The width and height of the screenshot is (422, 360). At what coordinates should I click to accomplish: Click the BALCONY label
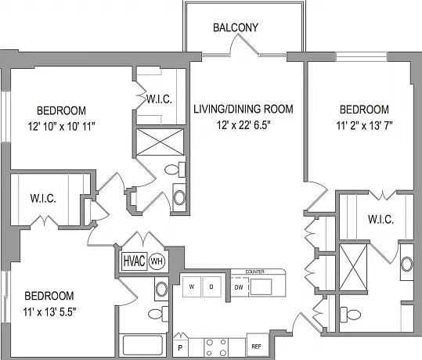coord(236,27)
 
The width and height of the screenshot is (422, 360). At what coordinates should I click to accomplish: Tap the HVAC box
coord(134,261)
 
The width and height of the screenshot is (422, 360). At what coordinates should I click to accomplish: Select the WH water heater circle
coord(157,261)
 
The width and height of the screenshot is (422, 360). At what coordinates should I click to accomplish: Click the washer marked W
coord(192,286)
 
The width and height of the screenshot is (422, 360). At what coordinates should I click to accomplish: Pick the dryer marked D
coord(211,286)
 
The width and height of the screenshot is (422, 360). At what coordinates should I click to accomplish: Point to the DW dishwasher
coord(239,287)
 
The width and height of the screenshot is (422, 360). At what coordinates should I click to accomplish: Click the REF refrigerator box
coord(258,346)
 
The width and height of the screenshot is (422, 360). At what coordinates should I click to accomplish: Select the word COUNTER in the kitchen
coord(255,272)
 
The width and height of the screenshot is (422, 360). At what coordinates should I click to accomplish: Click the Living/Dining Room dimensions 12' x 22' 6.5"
coord(243,125)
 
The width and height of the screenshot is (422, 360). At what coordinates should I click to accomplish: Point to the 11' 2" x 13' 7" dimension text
coord(364,125)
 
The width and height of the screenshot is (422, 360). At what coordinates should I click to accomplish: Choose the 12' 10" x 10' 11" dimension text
coord(61,126)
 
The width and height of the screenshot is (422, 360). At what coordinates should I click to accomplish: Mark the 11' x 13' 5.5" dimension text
coord(49,312)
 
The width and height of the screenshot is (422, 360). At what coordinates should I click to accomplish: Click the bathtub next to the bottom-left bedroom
coord(142,345)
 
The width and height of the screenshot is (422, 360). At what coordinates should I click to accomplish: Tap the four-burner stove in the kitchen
coord(216,347)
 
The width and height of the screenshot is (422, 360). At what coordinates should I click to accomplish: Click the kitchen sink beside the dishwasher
coord(261,286)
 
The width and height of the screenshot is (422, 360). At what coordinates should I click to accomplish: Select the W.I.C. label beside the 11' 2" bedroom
coord(381,220)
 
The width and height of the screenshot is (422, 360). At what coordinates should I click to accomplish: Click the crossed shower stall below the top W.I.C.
coord(161,142)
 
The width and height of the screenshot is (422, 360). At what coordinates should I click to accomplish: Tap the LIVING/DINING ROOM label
coord(243,109)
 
